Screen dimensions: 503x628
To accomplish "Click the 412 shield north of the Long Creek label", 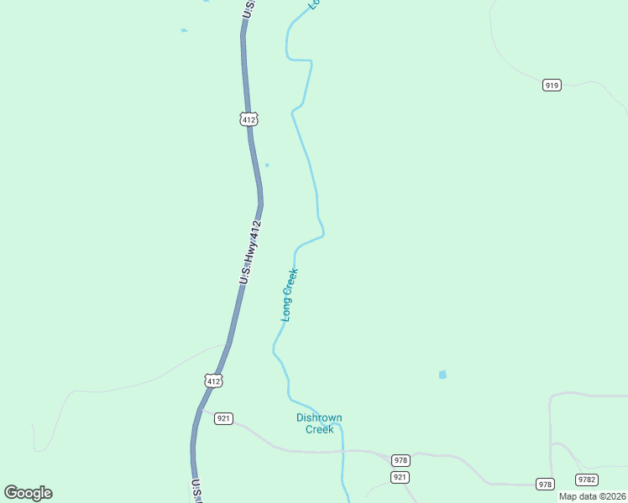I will point(248,119).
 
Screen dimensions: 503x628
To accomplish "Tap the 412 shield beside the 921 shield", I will point(213,381).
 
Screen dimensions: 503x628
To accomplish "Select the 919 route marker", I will point(552,86).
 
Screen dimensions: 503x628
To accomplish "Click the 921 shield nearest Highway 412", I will point(223,418).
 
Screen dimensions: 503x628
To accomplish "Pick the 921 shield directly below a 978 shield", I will point(400,477).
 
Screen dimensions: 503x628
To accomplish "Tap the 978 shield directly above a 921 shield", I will point(400,460).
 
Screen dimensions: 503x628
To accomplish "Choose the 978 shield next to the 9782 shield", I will point(546,484).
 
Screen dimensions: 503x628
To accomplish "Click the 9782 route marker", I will point(587,480).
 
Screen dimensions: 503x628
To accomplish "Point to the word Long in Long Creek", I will point(286,309).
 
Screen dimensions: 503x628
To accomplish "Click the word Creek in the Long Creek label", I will point(291,280).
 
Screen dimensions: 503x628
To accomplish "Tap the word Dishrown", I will point(319,417).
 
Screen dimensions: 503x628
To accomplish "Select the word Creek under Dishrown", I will point(319,429).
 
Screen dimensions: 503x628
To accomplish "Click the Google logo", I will point(28,493).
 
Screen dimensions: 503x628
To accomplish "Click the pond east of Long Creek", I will point(442,375).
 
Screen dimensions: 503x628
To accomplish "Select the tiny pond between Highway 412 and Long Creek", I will point(267,164).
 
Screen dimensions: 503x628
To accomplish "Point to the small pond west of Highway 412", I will point(184,30).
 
